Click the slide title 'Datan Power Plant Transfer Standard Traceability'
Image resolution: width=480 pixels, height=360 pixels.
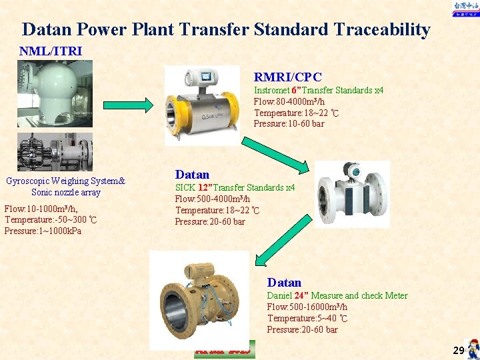pyautogui.click(x=226, y=29)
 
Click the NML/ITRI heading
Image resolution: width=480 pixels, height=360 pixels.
pyautogui.click(x=51, y=51)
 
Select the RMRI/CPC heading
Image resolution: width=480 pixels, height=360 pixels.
pyautogui.click(x=287, y=77)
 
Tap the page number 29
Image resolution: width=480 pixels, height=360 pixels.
pyautogui.click(x=458, y=350)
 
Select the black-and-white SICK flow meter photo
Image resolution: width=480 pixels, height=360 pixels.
pyautogui.click(x=352, y=193)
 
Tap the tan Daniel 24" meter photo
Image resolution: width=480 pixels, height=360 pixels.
pyautogui.click(x=199, y=301)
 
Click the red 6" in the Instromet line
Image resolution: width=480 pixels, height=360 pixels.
pyautogui.click(x=297, y=90)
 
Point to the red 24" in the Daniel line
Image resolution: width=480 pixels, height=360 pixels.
pyautogui.click(x=301, y=295)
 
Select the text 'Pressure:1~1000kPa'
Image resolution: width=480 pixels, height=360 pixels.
pyautogui.click(x=43, y=231)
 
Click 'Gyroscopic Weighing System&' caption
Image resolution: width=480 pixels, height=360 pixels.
pyautogui.click(x=65, y=181)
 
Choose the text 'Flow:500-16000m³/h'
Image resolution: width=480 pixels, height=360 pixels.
pyautogui.click(x=307, y=307)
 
